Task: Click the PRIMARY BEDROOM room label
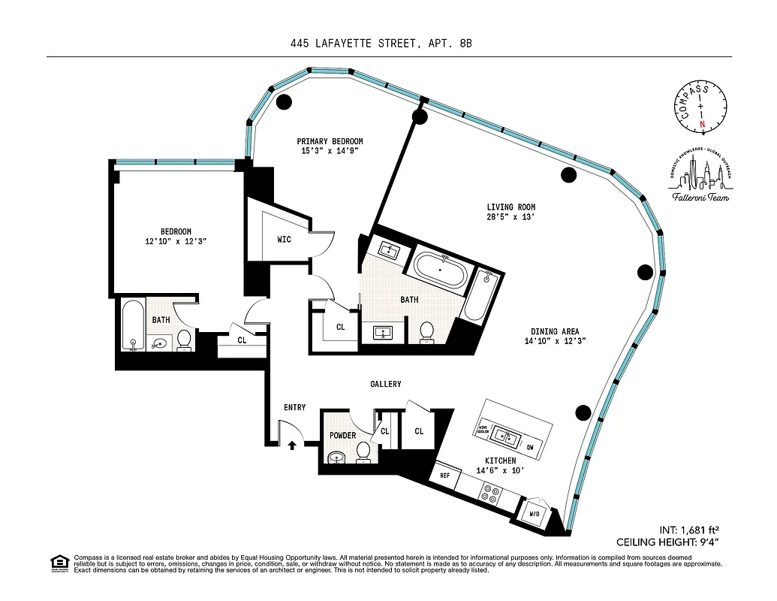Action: point(330,141)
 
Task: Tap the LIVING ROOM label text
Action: point(510,207)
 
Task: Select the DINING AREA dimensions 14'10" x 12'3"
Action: point(555,341)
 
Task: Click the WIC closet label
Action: point(284,240)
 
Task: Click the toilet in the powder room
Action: point(363,451)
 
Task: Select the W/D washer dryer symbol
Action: point(535,514)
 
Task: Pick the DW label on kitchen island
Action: point(530,447)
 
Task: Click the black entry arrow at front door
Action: point(292,445)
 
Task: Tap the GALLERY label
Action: point(385,384)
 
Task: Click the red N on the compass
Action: point(702,124)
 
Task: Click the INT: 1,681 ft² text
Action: point(690,528)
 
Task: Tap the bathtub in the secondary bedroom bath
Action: point(132,325)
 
